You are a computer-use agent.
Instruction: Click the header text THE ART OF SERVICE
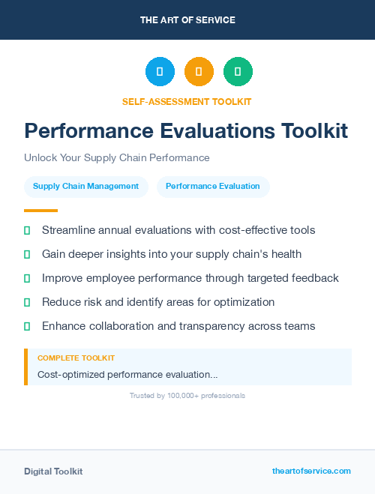187,20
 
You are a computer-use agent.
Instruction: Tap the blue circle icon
160,72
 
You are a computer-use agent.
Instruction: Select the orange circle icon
199,72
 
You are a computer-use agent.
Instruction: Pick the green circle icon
238,72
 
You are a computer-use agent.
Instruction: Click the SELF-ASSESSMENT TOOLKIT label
187,102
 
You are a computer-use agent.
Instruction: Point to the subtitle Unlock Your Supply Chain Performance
116,158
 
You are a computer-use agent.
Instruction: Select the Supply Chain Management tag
85,187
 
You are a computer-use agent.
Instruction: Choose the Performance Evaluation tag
213,187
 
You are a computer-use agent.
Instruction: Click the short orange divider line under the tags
40,211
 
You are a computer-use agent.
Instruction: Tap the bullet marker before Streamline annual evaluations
27,230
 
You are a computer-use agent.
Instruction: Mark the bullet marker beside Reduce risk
27,302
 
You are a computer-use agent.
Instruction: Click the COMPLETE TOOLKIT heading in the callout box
76,358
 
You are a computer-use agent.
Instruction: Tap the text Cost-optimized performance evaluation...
127,374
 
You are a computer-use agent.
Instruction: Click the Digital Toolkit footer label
53,472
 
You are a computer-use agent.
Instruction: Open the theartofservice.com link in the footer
311,471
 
